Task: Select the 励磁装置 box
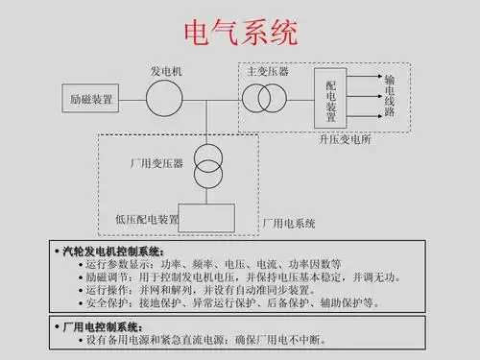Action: pos(90,99)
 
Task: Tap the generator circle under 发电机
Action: pos(164,98)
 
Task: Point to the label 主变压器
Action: pos(267,72)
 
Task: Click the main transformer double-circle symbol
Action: pos(264,98)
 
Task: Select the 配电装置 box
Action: pos(331,99)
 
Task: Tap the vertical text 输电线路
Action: pos(390,98)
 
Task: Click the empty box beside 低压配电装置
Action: pos(206,218)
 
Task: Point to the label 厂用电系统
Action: pos(289,223)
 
